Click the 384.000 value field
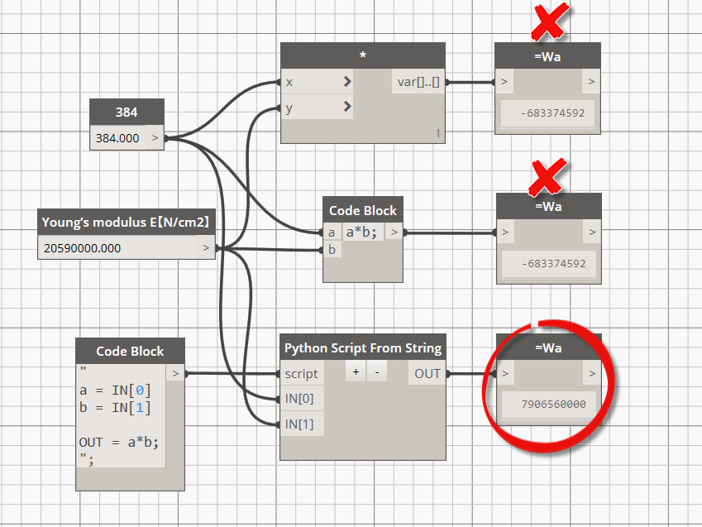[x=117, y=138]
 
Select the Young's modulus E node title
[x=126, y=222]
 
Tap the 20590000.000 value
[x=83, y=248]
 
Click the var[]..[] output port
[x=418, y=82]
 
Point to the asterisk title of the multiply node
[x=363, y=55]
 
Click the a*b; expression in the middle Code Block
[x=361, y=232]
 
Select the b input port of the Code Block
[x=332, y=249]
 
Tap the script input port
[x=301, y=374]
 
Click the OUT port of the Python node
[x=427, y=373]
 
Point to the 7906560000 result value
[x=553, y=405]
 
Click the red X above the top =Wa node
[x=550, y=22]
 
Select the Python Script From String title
[x=363, y=347]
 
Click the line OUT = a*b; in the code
[x=118, y=443]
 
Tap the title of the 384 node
[x=127, y=112]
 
